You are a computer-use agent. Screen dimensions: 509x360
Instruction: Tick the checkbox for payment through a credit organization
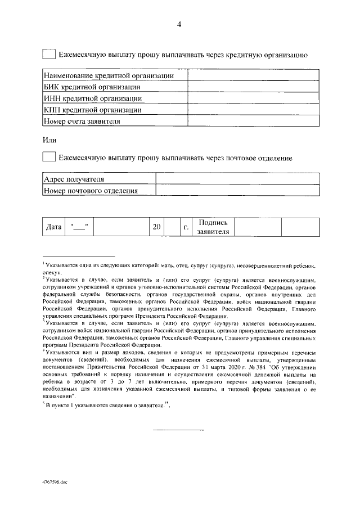pyautogui.click(x=49, y=55)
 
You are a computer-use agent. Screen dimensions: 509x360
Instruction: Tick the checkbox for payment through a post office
pyautogui.click(x=49, y=158)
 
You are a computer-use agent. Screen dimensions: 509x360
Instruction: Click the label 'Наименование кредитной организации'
pyautogui.click(x=109, y=75)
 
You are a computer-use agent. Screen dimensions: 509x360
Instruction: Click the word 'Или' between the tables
pyautogui.click(x=49, y=139)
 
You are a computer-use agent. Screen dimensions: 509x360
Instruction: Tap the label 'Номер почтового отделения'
pyautogui.click(x=91, y=191)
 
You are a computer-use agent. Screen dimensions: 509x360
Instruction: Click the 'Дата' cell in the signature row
pyautogui.click(x=53, y=227)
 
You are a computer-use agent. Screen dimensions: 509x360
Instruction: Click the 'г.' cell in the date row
pyautogui.click(x=186, y=227)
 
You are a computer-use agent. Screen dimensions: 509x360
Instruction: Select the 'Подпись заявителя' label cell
pyautogui.click(x=213, y=227)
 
